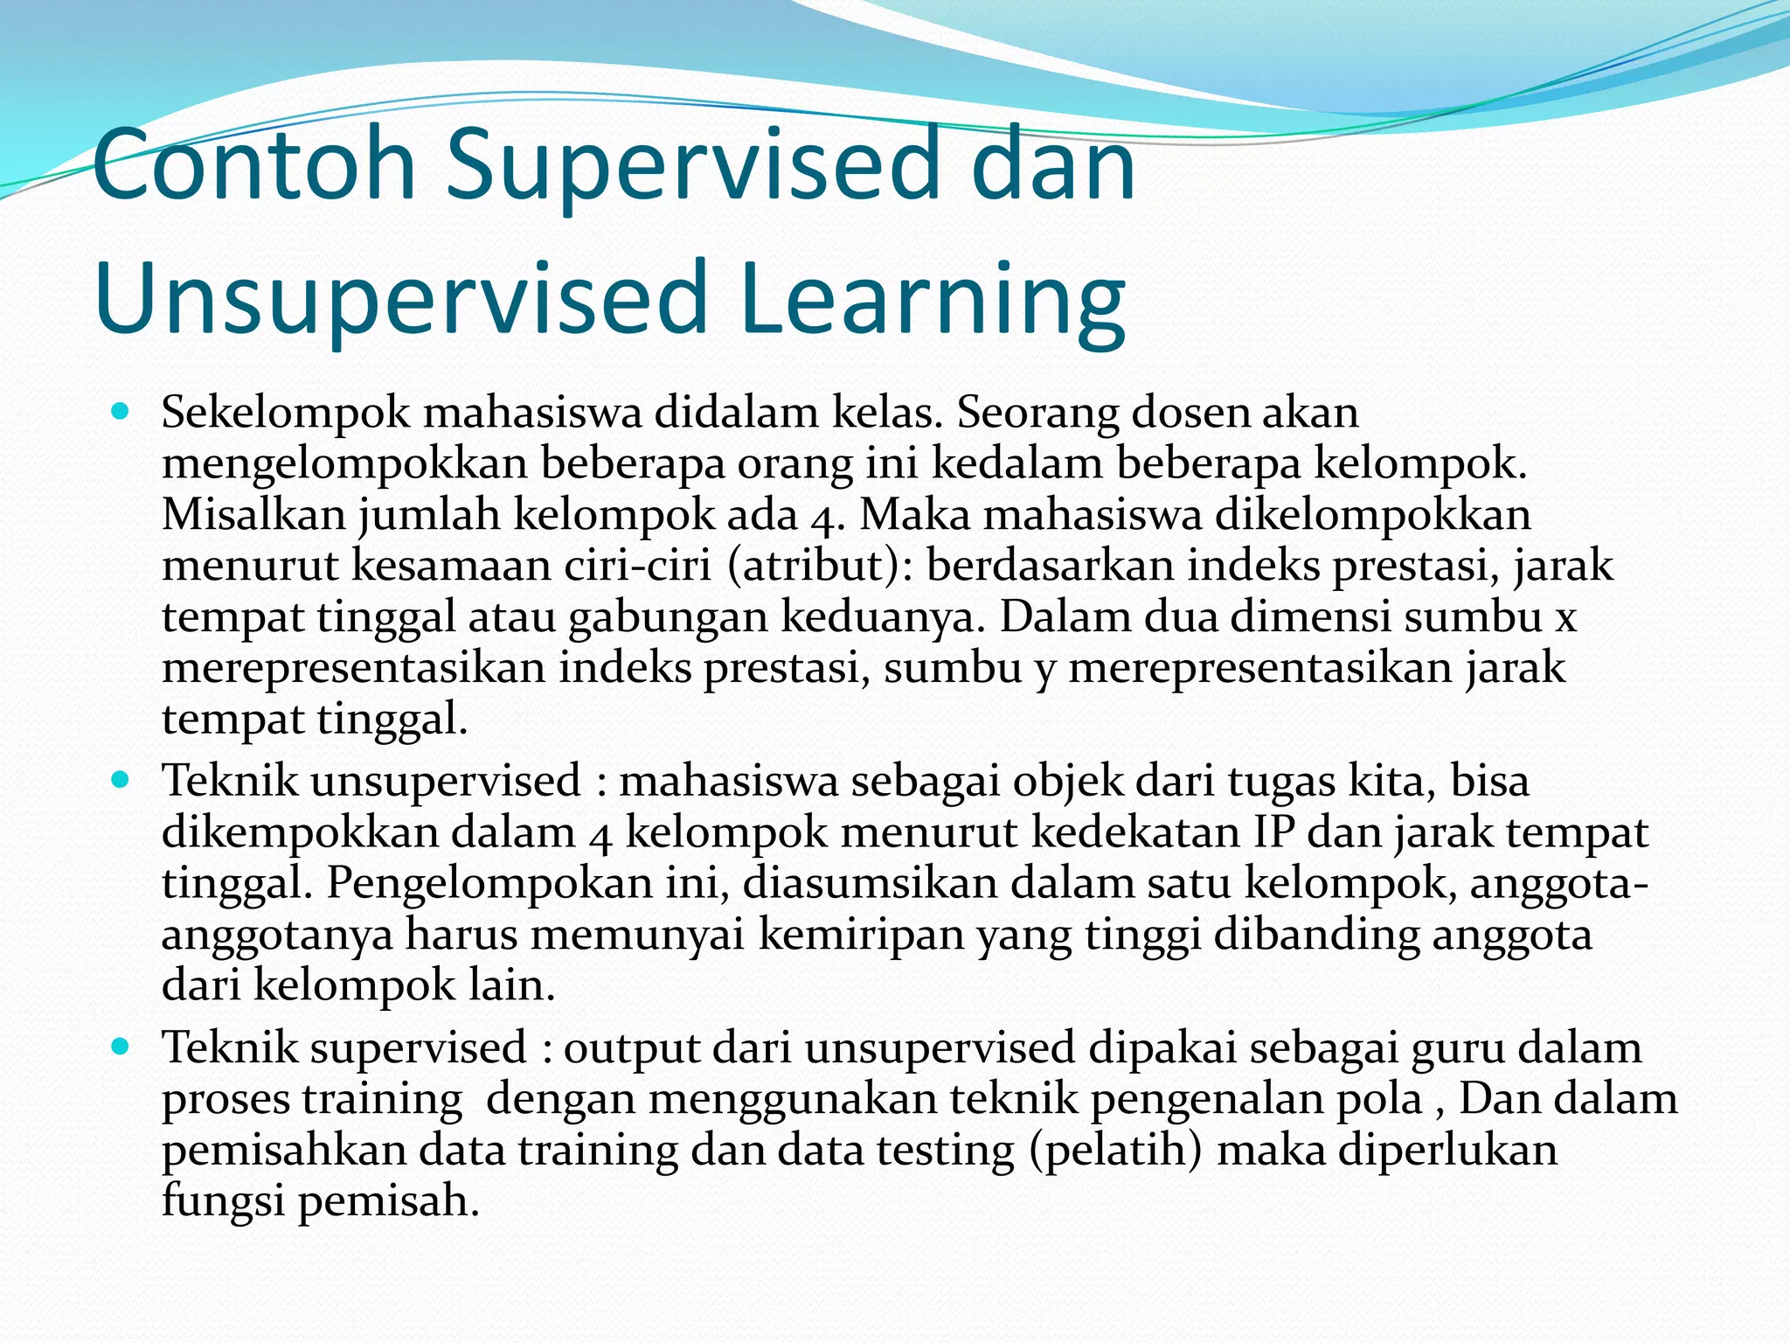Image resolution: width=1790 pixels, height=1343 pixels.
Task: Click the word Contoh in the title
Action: coord(253,164)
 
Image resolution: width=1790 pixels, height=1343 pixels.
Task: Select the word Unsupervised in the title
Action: coord(400,299)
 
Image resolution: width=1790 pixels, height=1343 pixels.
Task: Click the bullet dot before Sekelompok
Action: coord(121,410)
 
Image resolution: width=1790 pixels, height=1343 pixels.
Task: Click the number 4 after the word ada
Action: coord(822,517)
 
